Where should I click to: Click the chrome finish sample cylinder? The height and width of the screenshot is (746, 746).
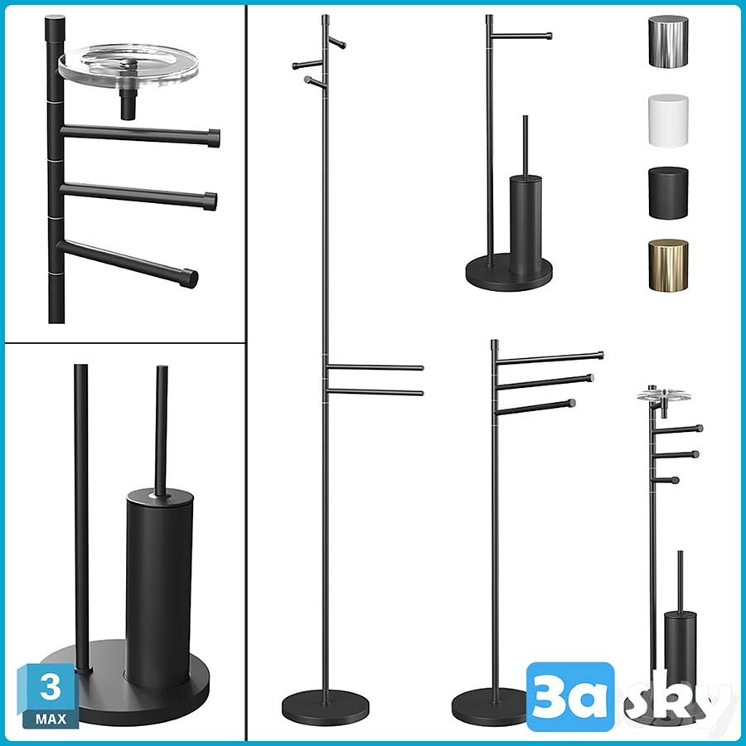coord(668,41)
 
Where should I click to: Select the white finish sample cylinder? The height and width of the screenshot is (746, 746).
coord(668,120)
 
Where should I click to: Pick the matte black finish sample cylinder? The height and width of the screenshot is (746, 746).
coord(668,193)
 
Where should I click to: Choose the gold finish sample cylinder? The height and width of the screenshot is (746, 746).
coord(668,265)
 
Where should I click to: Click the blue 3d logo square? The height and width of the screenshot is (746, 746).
coord(570,696)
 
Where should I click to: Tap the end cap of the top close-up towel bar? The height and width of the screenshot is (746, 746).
coord(214,138)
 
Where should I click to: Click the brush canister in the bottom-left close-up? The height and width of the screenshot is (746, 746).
coord(159,587)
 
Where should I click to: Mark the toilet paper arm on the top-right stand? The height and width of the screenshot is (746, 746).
coord(521,36)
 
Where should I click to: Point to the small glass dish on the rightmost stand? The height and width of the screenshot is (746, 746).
coord(664,395)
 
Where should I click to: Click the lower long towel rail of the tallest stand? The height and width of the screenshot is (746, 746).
coord(375,392)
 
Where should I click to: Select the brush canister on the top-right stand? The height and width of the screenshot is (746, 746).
coord(526,225)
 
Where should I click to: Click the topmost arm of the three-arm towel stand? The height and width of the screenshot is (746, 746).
coord(550,359)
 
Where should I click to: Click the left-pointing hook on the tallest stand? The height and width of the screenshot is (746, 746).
coord(308,64)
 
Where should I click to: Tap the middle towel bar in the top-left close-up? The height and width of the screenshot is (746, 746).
coord(138,195)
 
